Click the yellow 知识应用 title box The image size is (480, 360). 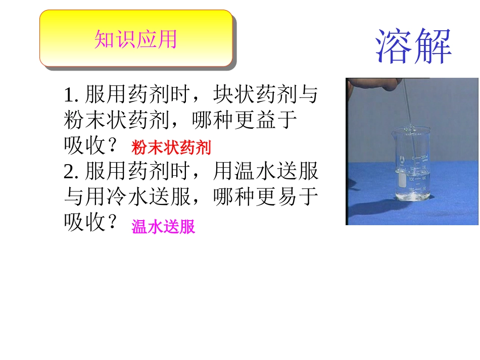[136, 39]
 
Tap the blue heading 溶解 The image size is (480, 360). [413, 46]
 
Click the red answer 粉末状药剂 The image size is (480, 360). [171, 147]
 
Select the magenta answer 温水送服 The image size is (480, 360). [163, 227]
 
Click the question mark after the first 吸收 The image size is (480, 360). [113, 146]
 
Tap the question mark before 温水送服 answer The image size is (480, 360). [113, 223]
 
